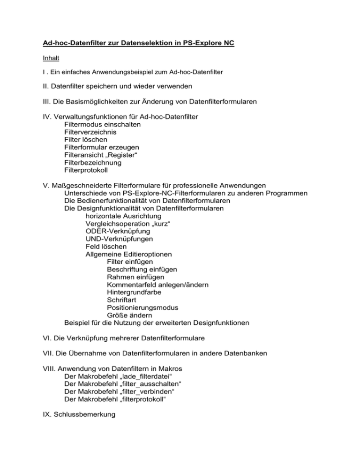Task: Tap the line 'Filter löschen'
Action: pyautogui.click(x=86, y=140)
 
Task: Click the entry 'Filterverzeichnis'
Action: pyautogui.click(x=91, y=132)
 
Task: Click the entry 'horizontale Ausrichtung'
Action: pyautogui.click(x=123, y=216)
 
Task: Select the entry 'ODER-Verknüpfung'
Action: pyautogui.click(x=117, y=231)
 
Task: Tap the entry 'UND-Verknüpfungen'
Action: pyautogui.click(x=119, y=239)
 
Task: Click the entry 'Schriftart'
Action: pyautogui.click(x=123, y=300)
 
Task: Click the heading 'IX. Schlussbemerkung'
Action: pyautogui.click(x=81, y=413)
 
